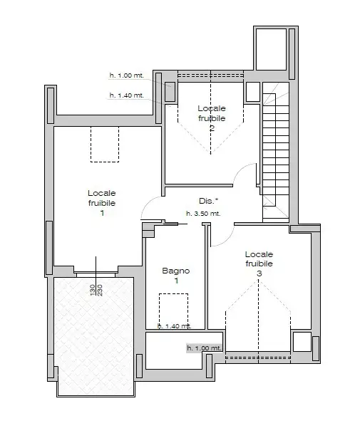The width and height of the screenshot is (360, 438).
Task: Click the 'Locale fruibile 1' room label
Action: (x=102, y=203)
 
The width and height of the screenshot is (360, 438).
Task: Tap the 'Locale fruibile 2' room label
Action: (x=212, y=118)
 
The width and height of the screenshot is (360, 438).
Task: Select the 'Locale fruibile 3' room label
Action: (x=259, y=264)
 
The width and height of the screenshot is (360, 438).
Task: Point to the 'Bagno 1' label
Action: (x=175, y=276)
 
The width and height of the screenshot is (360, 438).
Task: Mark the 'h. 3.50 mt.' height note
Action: (x=203, y=213)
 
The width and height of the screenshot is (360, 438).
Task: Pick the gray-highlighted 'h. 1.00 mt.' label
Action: (x=205, y=348)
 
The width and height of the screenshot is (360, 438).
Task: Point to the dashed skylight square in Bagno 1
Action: (x=173, y=311)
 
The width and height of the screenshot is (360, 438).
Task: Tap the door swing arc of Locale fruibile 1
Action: (x=151, y=207)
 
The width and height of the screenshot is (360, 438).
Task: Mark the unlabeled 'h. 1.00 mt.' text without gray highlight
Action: (x=126, y=75)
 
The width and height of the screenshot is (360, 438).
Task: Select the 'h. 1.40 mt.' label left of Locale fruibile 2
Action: (x=126, y=95)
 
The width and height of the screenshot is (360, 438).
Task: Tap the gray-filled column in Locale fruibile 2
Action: (x=170, y=92)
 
